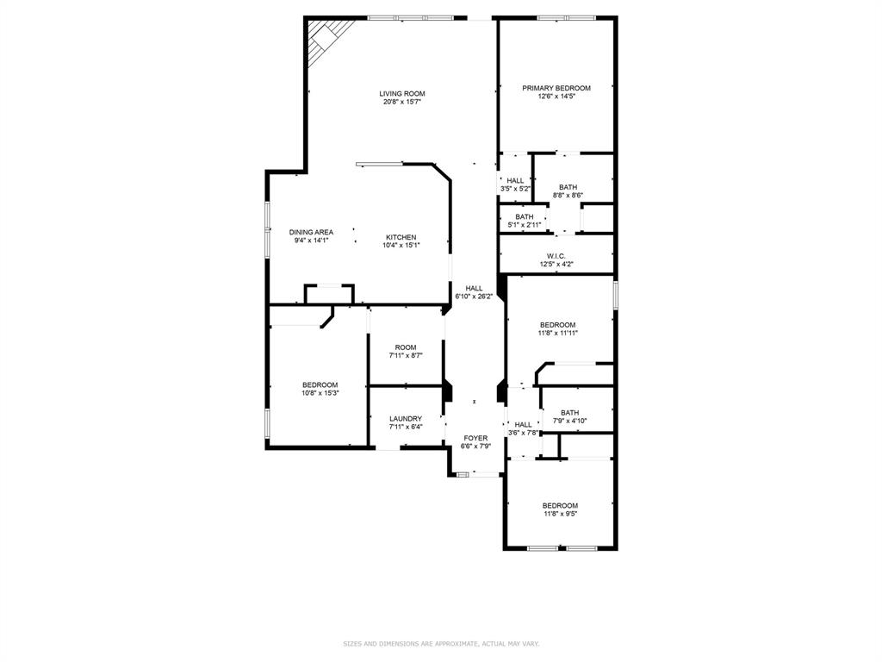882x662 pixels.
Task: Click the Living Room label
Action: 402,94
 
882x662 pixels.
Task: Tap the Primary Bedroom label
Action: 556,88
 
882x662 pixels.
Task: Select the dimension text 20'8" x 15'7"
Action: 402,103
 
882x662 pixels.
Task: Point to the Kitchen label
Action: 401,237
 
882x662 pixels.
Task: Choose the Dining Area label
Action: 311,232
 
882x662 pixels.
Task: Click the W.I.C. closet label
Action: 556,256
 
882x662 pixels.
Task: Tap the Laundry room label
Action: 406,418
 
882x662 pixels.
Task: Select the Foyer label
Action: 475,438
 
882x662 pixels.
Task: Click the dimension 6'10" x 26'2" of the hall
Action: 475,297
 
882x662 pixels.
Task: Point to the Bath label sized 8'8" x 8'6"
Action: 568,187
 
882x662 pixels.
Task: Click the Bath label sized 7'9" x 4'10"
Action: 570,412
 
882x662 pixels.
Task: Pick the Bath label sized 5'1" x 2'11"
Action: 525,216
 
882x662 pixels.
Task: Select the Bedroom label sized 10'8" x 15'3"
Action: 320,384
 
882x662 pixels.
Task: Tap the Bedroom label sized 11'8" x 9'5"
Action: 560,505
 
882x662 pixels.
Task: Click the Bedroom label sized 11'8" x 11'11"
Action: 558,325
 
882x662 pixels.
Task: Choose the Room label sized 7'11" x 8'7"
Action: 406,347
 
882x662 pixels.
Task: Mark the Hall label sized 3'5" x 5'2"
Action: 515,180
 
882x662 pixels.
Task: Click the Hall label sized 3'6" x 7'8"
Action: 523,424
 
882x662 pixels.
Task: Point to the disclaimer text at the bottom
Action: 441,643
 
